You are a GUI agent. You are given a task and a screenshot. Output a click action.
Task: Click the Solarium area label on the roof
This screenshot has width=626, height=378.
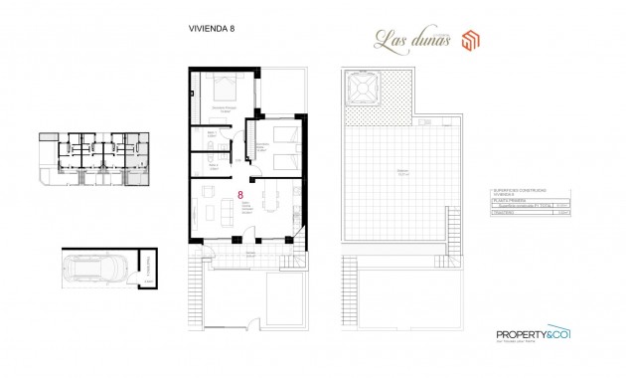[402, 172]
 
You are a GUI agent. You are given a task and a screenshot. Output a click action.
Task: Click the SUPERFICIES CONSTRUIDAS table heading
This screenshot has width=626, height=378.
[516, 191]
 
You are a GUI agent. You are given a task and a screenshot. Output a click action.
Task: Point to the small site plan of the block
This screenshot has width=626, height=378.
[91, 160]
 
